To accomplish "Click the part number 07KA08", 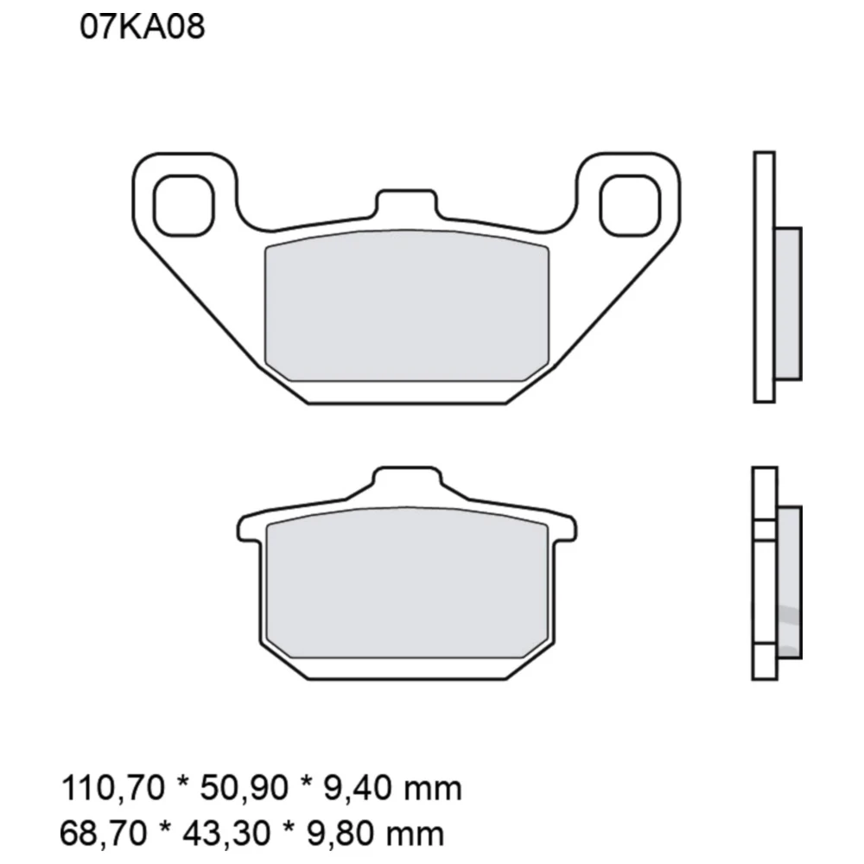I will pos(143,28).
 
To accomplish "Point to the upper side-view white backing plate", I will pos(764,276).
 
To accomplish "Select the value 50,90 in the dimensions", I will pos(230,789).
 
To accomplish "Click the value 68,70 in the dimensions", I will pos(99,834).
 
